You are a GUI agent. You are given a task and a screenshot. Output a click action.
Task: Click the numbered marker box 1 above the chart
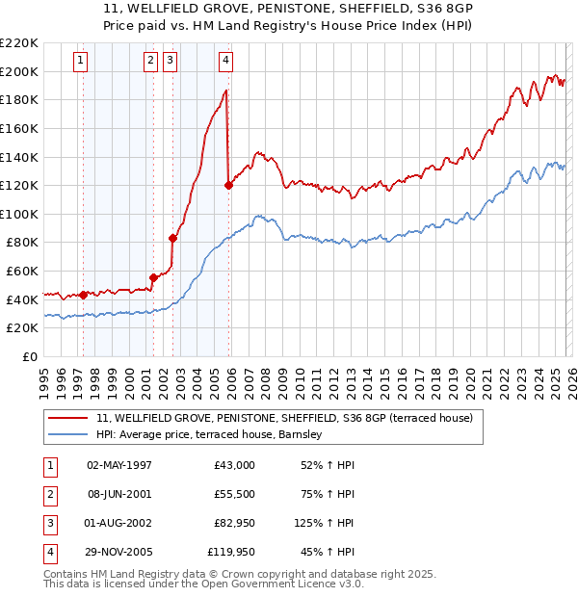click(x=81, y=61)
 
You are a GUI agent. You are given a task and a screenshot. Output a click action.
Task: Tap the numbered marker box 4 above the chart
click(x=224, y=61)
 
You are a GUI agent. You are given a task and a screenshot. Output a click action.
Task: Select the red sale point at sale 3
click(x=172, y=238)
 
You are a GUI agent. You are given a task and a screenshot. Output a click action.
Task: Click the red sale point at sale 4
click(x=228, y=185)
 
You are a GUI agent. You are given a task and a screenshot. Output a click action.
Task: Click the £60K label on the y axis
click(x=22, y=272)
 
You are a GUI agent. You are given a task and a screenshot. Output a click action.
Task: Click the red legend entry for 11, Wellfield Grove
click(x=283, y=419)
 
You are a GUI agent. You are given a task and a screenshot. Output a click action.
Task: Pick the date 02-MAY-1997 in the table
click(x=118, y=465)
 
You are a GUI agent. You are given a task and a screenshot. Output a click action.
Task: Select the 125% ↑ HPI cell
click(x=325, y=523)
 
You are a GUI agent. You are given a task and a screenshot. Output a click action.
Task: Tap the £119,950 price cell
click(x=231, y=552)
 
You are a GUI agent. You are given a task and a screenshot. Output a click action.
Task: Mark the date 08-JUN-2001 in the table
click(x=118, y=494)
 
